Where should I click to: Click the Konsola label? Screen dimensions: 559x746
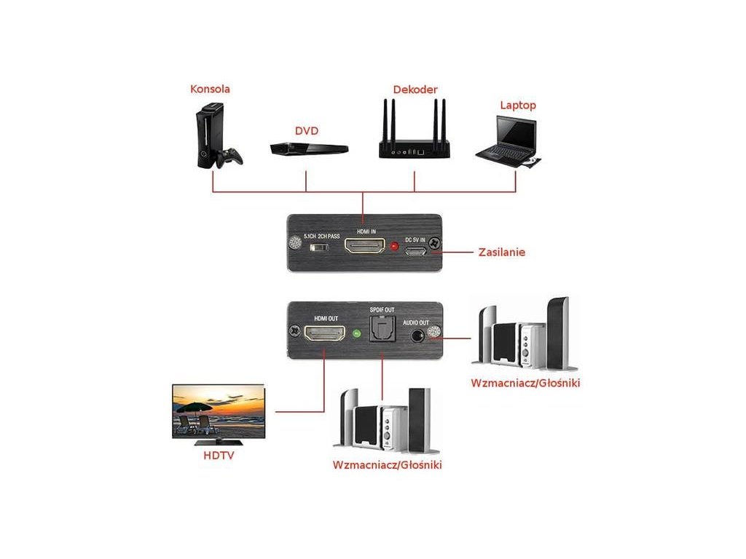coord(210,90)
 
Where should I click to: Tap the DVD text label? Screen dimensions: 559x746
coord(307,131)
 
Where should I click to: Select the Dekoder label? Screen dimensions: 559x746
coord(415,90)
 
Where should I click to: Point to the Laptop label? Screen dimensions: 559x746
coord(517,105)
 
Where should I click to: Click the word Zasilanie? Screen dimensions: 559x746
coord(502,253)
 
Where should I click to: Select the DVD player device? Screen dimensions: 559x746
coord(309,148)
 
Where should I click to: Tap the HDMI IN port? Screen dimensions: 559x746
coord(364,247)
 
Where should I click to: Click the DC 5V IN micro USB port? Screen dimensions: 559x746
coord(416,252)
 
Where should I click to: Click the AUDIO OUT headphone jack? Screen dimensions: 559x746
coord(418,336)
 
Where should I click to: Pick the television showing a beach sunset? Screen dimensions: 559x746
coord(218,412)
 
